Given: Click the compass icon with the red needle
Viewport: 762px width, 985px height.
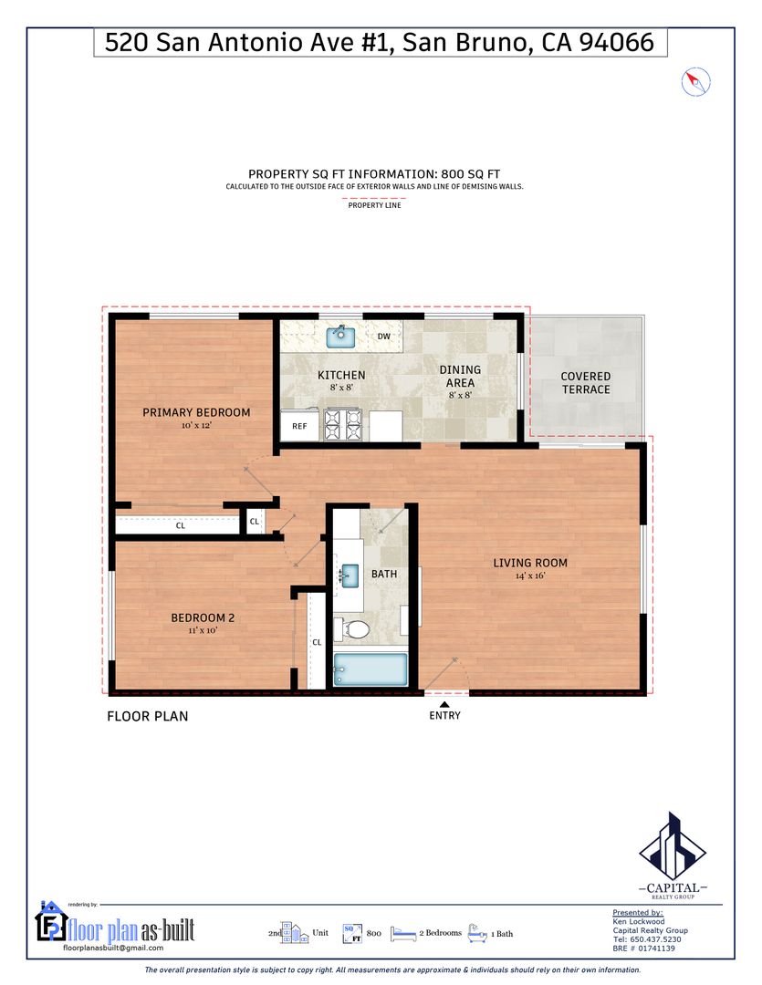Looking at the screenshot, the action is [696, 82].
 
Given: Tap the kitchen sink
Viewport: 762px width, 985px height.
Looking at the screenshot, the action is [340, 337].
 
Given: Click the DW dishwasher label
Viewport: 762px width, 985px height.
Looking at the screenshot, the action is [383, 336].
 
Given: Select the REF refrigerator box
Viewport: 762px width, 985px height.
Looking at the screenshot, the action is [299, 426].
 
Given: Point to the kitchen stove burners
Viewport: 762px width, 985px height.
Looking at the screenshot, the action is [343, 424].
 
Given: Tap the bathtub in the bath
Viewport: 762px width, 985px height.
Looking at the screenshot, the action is [371, 669].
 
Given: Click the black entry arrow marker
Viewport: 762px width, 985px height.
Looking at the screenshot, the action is [444, 704].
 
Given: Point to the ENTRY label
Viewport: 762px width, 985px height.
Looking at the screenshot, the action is [444, 716].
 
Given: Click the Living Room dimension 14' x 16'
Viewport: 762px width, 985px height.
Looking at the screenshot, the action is [530, 575].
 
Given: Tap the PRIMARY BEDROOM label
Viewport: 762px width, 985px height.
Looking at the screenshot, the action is [196, 412].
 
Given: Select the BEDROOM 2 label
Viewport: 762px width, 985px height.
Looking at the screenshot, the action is [203, 618].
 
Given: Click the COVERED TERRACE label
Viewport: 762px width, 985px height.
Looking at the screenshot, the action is [585, 382].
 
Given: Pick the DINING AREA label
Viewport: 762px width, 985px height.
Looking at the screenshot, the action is [460, 377].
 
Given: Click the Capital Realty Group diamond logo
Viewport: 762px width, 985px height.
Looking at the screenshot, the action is [673, 845].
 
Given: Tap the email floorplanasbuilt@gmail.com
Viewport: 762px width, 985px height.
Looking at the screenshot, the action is [113, 948].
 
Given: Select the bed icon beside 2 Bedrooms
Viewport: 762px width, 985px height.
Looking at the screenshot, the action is [403, 934].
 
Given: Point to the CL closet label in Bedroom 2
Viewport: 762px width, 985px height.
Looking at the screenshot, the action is [317, 642].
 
